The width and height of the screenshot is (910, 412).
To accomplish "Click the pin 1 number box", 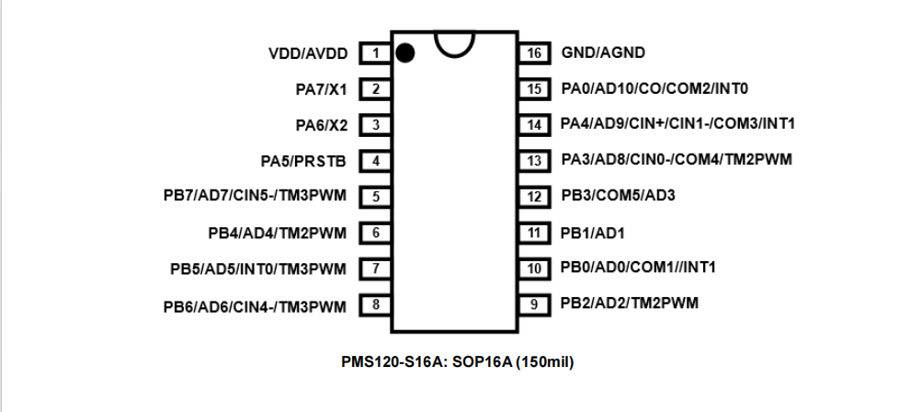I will (375, 53).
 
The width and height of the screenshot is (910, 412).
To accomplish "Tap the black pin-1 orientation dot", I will (404, 53).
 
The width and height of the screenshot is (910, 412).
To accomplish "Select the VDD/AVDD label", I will (308, 53).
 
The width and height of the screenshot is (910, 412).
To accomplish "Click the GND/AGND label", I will (603, 53).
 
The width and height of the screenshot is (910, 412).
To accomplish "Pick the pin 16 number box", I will (533, 53).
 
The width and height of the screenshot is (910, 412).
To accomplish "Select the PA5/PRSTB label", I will (303, 161).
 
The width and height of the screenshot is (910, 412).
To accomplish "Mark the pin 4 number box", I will (375, 161).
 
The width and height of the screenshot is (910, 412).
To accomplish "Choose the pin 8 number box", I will (375, 304).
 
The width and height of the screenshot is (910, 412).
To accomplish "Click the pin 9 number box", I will (533, 303).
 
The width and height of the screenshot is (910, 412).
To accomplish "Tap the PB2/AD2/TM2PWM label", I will (629, 303).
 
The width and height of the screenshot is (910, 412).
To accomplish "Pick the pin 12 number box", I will (533, 196).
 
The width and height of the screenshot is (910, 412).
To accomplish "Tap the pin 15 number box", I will (533, 89).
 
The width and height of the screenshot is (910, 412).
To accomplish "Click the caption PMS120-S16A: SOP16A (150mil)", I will (457, 361).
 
